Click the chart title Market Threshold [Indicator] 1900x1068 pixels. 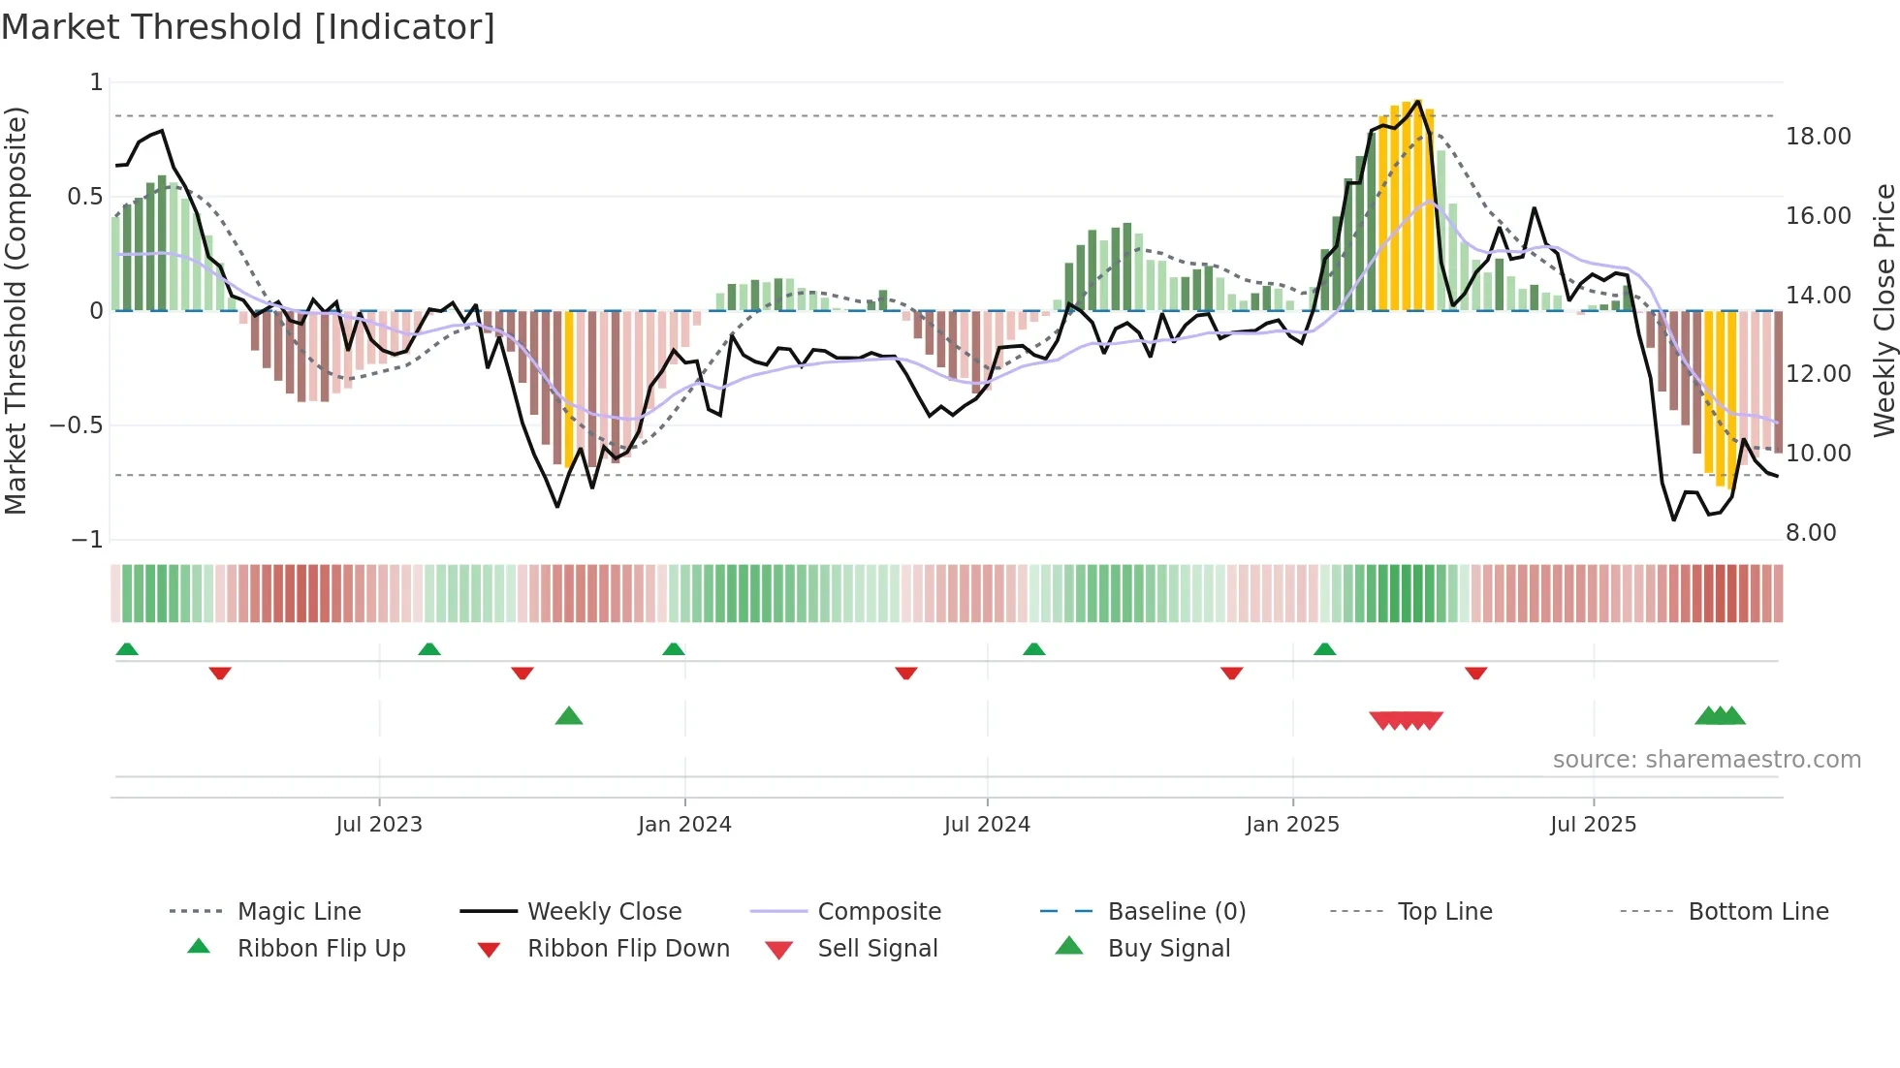(248, 27)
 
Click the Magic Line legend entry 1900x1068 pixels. (299, 912)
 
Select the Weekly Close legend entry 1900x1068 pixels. (604, 912)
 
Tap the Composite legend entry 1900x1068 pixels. (878, 912)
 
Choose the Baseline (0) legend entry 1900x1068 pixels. (1176, 912)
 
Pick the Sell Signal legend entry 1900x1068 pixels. (876, 949)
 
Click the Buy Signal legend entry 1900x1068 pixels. (1168, 949)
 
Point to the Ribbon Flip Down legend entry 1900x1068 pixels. (627, 949)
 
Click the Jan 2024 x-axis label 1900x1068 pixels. (684, 825)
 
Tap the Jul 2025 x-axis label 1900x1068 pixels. (1593, 825)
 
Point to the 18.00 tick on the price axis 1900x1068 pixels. (1818, 137)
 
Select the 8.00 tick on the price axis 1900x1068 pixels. (1811, 533)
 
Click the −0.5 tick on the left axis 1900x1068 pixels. (77, 425)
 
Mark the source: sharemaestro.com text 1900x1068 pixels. (1706, 760)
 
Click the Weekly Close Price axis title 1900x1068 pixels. (1884, 310)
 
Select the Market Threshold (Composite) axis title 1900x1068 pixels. (16, 310)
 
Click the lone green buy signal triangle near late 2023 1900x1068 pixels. (569, 716)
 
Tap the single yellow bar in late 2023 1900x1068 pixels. (569, 388)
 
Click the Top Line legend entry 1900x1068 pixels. (1444, 912)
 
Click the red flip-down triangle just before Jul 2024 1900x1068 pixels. (906, 673)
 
